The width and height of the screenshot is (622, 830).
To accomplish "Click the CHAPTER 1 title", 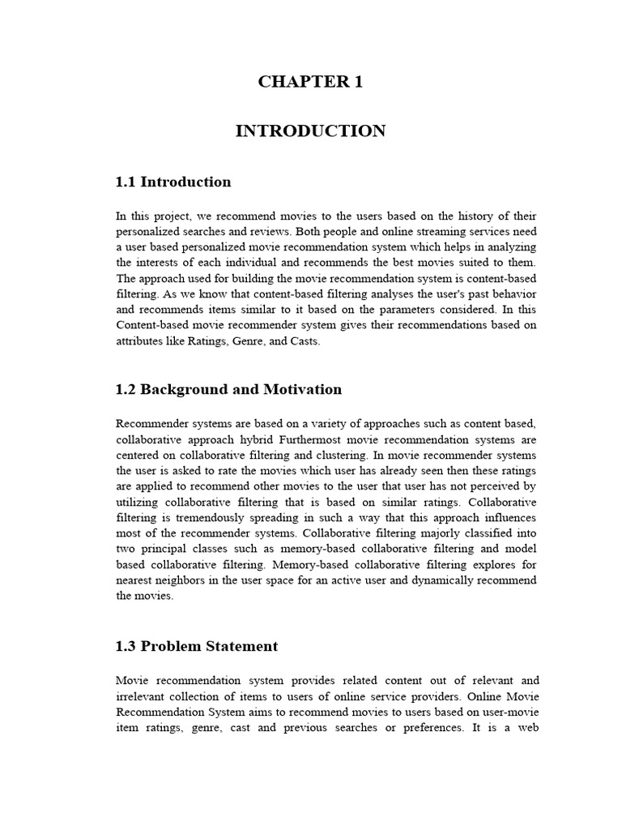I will click(x=310, y=82).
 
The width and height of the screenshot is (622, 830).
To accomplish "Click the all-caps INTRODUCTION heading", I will click(x=310, y=130).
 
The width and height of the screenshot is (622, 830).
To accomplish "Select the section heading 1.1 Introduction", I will click(x=173, y=182).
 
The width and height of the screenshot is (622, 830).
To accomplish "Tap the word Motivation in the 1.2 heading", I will click(x=303, y=389).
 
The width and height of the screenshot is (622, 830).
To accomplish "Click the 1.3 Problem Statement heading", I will click(x=197, y=646).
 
